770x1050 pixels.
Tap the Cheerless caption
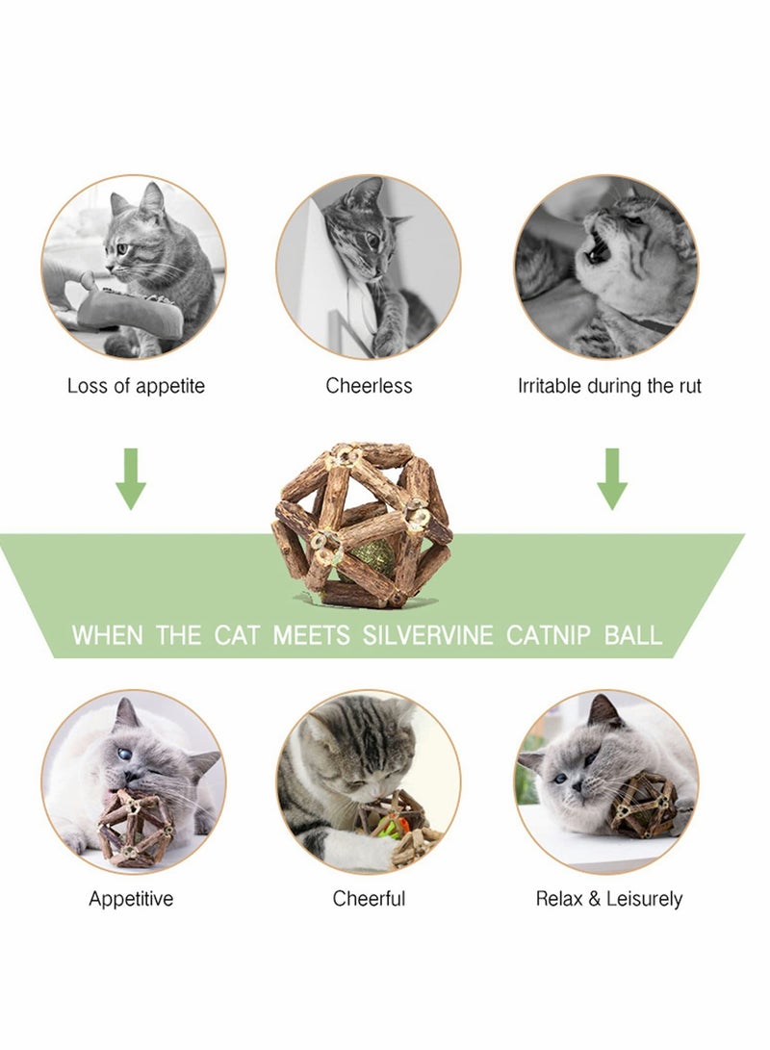[x=369, y=386]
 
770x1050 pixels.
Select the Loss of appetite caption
[x=136, y=386]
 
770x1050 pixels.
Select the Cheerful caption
[x=369, y=899]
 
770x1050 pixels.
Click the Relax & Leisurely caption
[x=608, y=899]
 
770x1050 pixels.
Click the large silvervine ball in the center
[x=361, y=525]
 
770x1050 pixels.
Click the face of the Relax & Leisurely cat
[x=577, y=770]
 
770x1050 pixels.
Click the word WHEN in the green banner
[x=106, y=635]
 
